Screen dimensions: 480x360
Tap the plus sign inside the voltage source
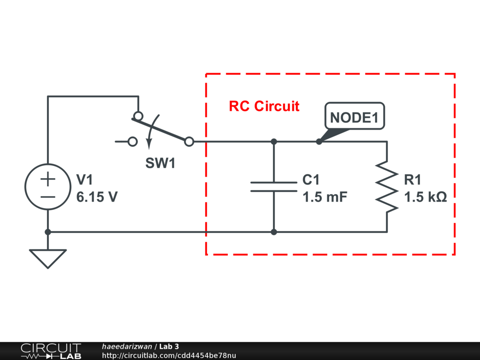pos(48,179)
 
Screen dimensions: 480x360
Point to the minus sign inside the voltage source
pos(48,197)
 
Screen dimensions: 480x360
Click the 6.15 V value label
pos(97,197)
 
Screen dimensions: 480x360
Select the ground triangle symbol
pos(48,250)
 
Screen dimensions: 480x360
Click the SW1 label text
pos(160,163)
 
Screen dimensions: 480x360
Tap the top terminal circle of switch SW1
pos(138,116)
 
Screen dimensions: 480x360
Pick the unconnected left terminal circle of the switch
pos(133,142)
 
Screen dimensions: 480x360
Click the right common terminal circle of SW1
pos(189,142)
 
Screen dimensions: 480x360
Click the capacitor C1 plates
pos(274,187)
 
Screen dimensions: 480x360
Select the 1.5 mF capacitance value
pos(325,197)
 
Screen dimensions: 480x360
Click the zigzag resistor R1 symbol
pos(387,187)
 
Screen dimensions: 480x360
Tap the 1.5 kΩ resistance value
pos(426,197)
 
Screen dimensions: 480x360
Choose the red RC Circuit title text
pos(264,106)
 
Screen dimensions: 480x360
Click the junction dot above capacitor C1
pos(274,142)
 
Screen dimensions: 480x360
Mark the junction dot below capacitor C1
pos(274,232)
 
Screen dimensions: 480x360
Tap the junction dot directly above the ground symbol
pos(48,232)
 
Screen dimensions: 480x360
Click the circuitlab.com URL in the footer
pos(169,355)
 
